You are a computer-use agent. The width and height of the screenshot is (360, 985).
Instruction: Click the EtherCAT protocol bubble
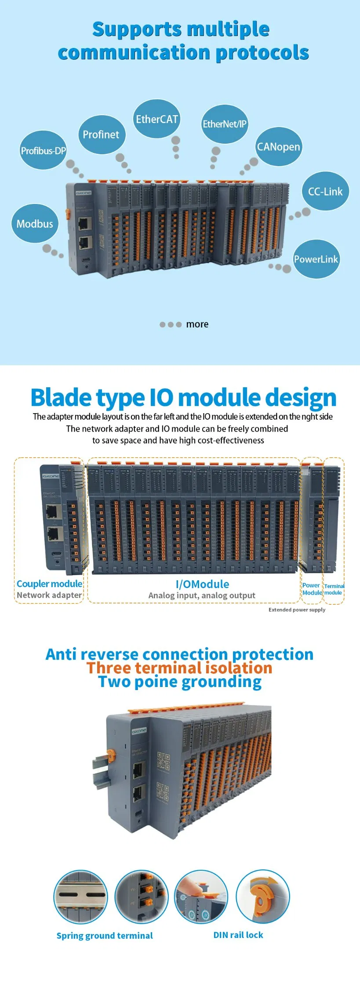[156, 119]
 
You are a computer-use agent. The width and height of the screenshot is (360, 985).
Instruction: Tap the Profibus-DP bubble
[43, 151]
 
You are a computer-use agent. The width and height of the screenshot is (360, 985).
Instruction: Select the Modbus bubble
[35, 224]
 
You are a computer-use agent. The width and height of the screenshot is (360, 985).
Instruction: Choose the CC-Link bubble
[325, 192]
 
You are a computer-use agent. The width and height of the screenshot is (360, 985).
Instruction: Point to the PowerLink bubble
[316, 259]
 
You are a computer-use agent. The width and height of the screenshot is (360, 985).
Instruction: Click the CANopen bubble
[278, 147]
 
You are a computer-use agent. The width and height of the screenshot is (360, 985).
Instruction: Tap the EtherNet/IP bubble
[224, 124]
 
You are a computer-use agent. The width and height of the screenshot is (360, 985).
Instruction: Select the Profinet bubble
[101, 134]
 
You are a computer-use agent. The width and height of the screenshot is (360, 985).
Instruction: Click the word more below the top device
[197, 324]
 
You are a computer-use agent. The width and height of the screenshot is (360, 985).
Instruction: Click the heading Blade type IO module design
[183, 397]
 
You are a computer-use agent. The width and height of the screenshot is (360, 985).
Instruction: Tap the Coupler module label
[49, 584]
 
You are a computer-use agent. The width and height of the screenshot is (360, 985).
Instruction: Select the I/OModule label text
[202, 584]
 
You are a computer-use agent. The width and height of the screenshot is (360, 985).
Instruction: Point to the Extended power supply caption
[297, 610]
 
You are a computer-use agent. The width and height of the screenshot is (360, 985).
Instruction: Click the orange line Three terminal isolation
[179, 668]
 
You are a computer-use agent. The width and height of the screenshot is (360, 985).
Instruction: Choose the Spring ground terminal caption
[105, 935]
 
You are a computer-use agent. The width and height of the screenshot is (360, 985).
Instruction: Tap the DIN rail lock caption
[238, 935]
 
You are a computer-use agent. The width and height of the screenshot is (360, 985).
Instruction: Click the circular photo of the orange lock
[263, 896]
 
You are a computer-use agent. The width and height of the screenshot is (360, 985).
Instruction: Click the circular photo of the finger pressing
[201, 896]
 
